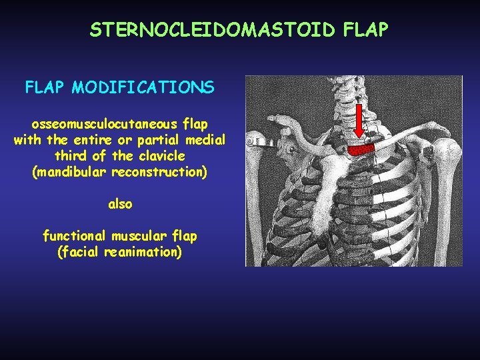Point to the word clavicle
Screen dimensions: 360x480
coord(163,156)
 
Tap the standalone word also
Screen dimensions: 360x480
coord(120,204)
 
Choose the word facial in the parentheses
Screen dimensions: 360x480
coord(81,253)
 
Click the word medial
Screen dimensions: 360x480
coord(207,140)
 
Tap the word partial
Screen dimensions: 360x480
coord(164,140)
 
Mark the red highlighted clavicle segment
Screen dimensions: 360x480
coord(363,149)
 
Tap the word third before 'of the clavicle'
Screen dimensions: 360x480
coord(69,156)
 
